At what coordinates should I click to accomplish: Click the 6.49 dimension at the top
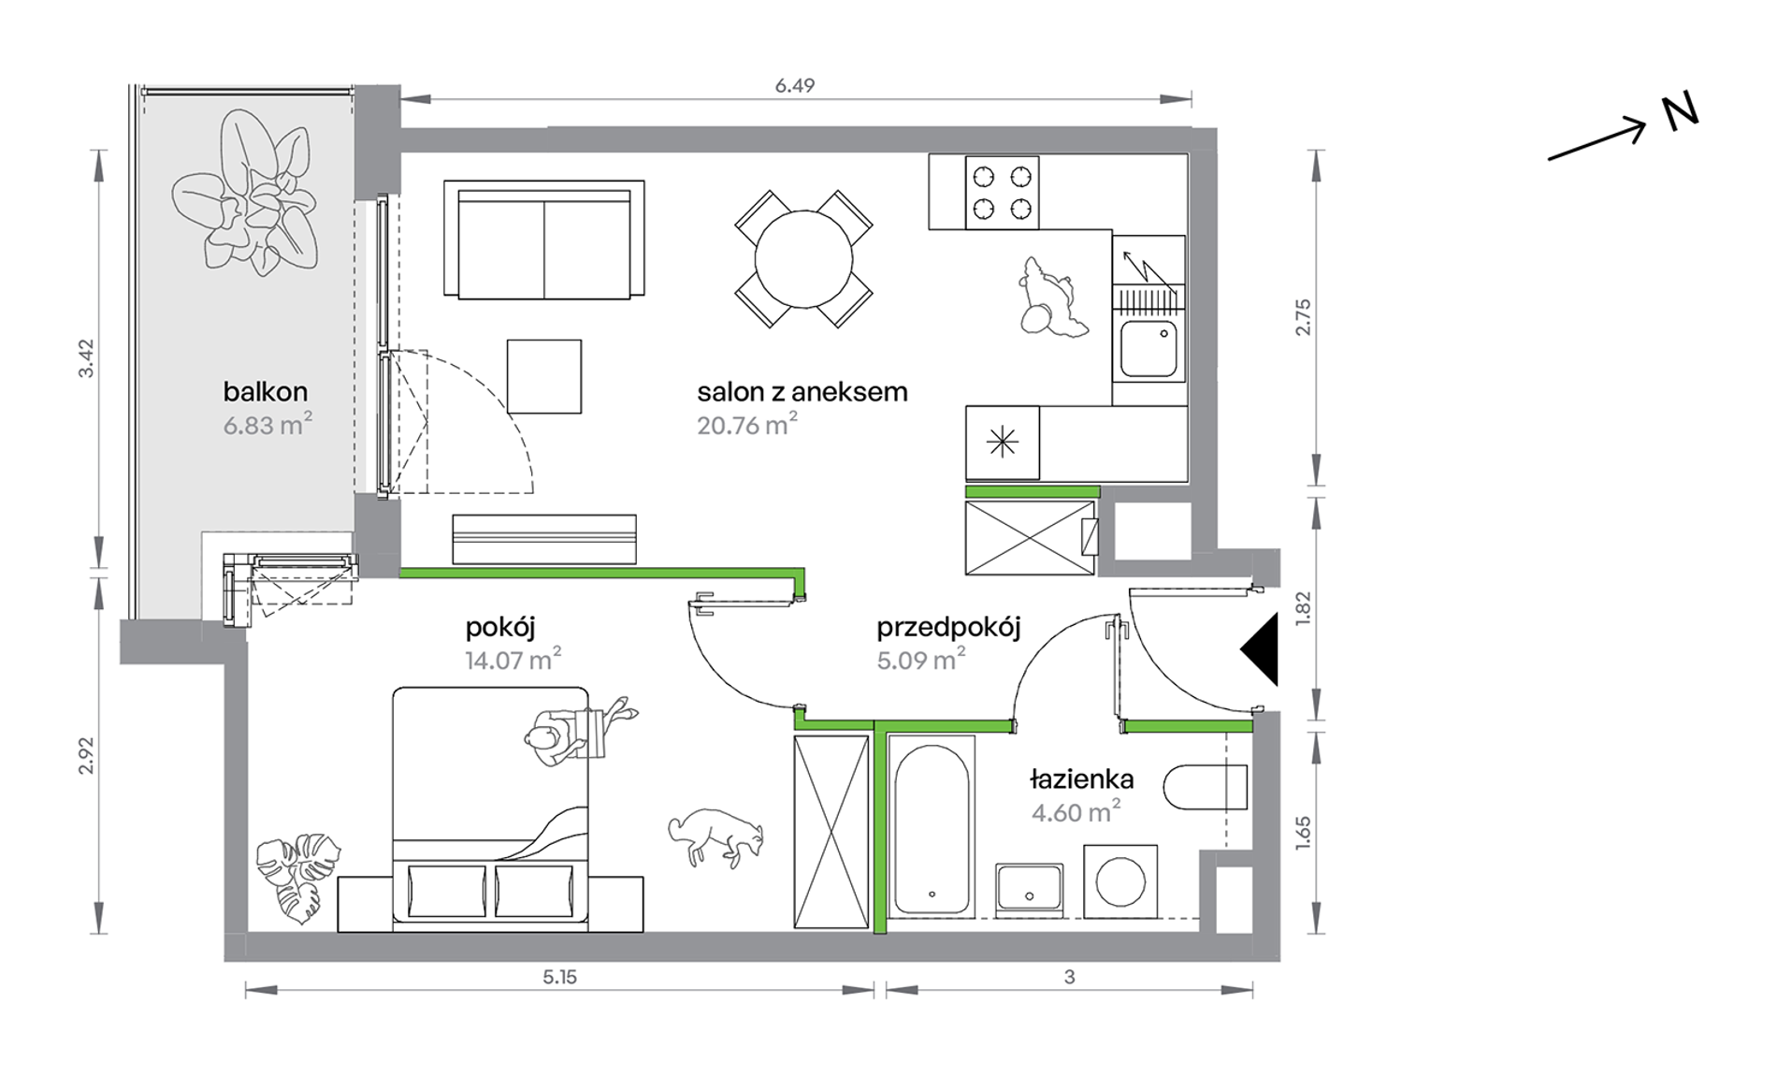[795, 86]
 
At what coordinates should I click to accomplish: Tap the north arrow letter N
[1680, 112]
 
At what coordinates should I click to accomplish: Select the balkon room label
[266, 391]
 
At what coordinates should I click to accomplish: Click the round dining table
[803, 258]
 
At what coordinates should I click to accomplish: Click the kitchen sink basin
[1149, 348]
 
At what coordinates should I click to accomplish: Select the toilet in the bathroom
[1206, 787]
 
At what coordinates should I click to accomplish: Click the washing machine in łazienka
[1120, 881]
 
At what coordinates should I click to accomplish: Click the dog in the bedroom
[716, 836]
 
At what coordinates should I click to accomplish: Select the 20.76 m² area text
[746, 424]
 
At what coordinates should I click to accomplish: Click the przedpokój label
[948, 627]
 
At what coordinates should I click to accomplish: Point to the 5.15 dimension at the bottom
[559, 977]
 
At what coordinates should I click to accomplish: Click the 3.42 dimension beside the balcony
[86, 358]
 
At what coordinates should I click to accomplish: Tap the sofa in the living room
[544, 240]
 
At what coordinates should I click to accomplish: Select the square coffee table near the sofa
[544, 376]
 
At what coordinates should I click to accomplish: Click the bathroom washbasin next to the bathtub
[1029, 887]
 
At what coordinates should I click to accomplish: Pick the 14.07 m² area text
[513, 660]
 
